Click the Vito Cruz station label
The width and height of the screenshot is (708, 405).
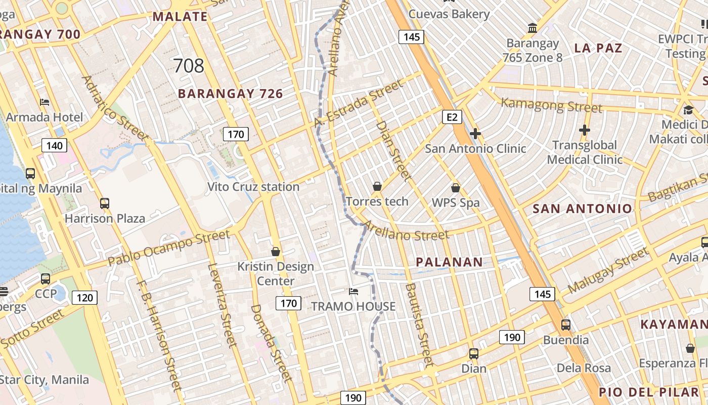click(x=253, y=187)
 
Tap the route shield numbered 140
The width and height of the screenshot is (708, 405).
click(x=54, y=146)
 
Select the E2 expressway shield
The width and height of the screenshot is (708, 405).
click(x=452, y=117)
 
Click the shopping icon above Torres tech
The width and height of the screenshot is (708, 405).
click(x=377, y=186)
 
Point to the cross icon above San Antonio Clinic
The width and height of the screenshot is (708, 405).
click(x=475, y=134)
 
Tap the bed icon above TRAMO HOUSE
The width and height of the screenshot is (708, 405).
click(x=353, y=292)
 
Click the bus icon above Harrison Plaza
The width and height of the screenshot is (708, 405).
click(x=105, y=204)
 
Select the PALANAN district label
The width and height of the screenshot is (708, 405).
click(x=449, y=262)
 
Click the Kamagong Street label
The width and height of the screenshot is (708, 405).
click(x=551, y=106)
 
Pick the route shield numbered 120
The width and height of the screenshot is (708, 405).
click(x=84, y=297)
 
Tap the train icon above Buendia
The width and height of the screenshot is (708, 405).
click(x=566, y=325)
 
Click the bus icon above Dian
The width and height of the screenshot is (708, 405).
click(x=474, y=354)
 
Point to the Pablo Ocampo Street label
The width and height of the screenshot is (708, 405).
click(x=169, y=248)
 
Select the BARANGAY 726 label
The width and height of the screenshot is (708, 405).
click(x=230, y=94)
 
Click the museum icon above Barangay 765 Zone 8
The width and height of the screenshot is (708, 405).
click(x=533, y=28)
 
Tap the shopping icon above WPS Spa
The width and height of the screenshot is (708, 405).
click(x=456, y=188)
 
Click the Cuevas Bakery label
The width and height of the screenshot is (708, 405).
click(x=449, y=14)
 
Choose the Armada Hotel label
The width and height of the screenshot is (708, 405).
click(x=45, y=117)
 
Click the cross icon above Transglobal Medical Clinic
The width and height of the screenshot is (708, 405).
click(x=585, y=130)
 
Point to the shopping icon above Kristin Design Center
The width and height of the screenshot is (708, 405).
click(x=276, y=251)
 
